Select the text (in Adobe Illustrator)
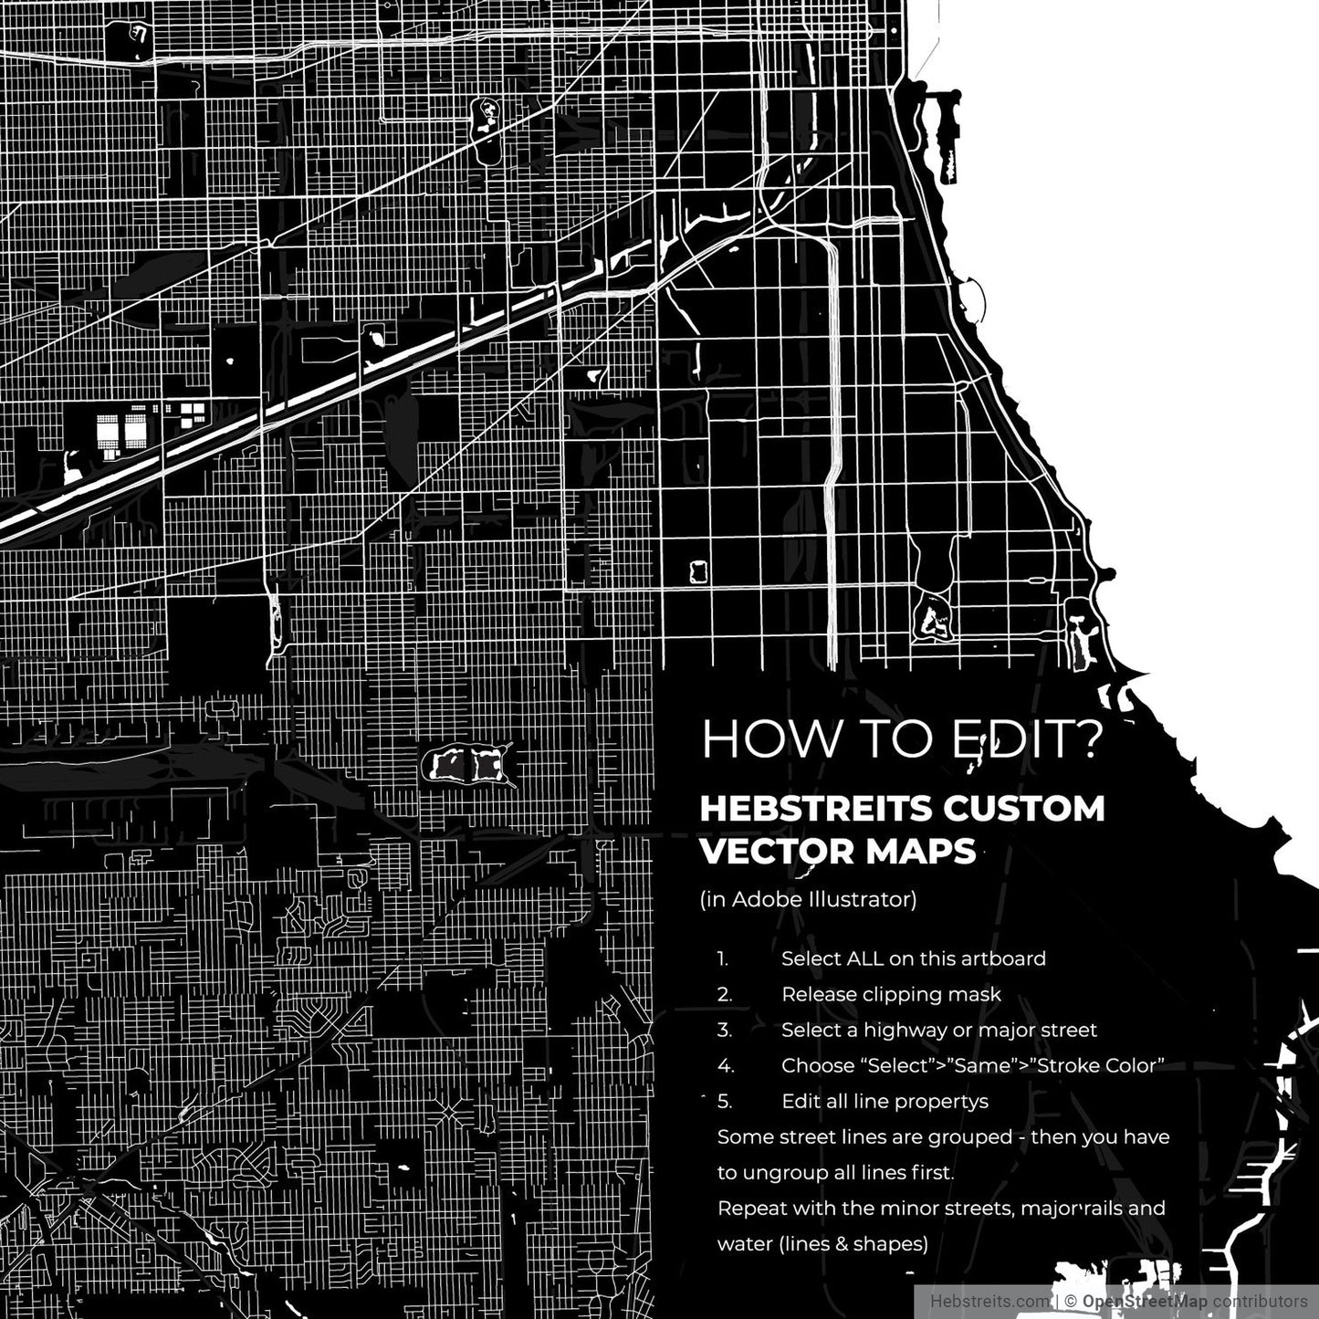click(808, 899)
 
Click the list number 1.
click(722, 959)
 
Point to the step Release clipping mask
click(891, 994)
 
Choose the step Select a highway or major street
click(938, 1030)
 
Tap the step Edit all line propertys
click(885, 1101)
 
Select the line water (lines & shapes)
click(822, 1243)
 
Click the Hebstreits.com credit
click(989, 1301)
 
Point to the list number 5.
click(724, 1101)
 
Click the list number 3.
click(724, 1030)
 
